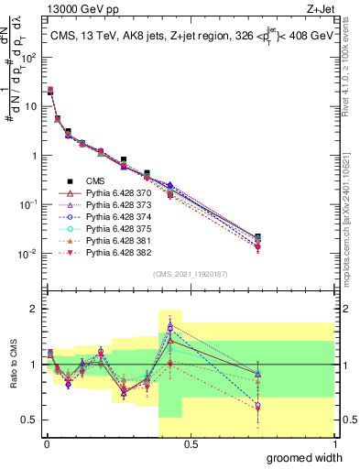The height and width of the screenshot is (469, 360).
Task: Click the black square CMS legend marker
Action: coord(71,180)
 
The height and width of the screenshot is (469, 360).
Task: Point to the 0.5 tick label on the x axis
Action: coord(190,442)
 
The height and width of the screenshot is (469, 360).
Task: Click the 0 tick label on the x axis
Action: coord(46,442)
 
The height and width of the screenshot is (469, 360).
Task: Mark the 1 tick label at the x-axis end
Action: coord(333,442)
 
